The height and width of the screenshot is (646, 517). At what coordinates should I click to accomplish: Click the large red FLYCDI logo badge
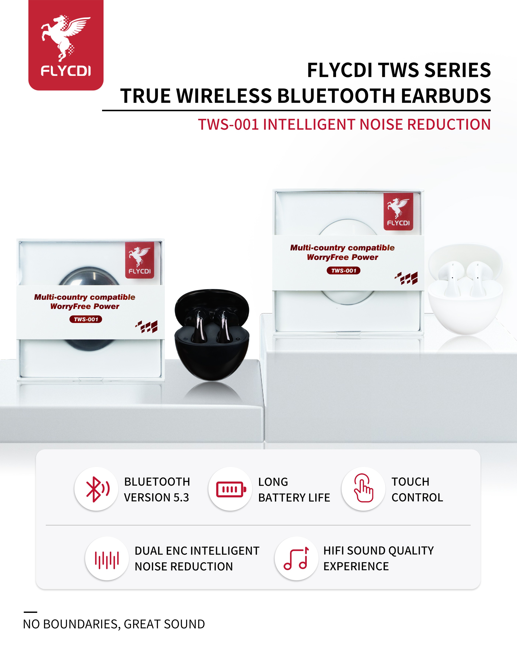(x=66, y=45)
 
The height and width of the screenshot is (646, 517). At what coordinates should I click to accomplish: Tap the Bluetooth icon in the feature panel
(x=98, y=489)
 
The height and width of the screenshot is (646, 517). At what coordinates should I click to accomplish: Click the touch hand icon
(x=364, y=488)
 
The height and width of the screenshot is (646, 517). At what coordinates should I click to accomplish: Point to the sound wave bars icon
(x=107, y=560)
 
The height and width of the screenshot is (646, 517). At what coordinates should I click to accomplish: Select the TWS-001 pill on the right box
(x=343, y=271)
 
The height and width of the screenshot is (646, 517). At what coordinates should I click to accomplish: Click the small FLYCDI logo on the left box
(x=140, y=260)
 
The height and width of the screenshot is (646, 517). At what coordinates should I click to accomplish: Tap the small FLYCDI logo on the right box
(x=398, y=212)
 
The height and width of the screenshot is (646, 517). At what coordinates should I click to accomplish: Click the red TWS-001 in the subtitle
(x=228, y=124)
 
